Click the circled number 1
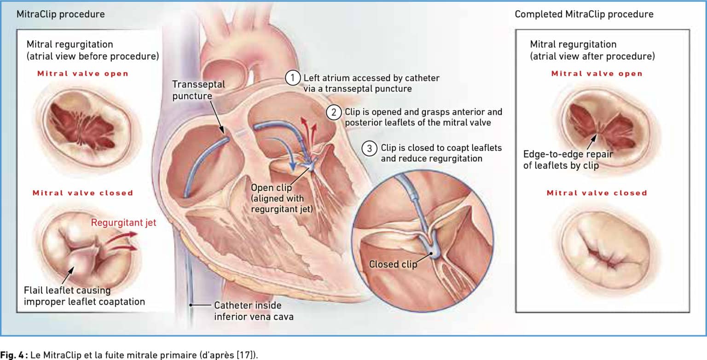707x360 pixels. click(293, 78)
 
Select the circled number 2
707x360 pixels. click(334, 112)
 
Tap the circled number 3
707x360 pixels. click(369, 148)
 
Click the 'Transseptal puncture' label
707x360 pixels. click(198, 90)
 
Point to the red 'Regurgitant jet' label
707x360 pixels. click(123, 223)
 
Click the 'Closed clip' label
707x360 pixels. click(393, 264)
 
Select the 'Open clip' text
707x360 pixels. click(271, 187)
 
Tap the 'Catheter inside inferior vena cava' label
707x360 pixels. click(254, 311)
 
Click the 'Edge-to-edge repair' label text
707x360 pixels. click(568, 154)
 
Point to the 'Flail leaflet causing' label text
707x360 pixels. click(67, 290)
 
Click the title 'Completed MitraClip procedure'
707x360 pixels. click(584, 14)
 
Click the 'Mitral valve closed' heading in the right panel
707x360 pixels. click(597, 193)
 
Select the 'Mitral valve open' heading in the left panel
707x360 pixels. click(83, 74)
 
